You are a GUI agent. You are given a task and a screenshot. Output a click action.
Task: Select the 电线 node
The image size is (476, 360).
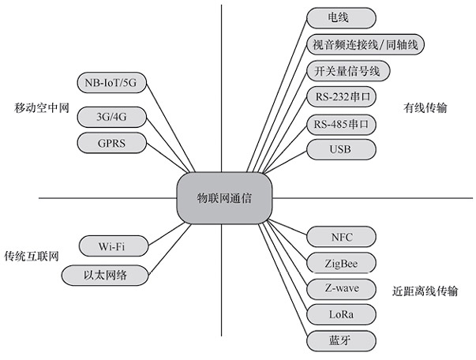340,17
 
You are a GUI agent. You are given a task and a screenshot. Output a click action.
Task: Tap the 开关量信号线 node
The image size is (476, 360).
347,71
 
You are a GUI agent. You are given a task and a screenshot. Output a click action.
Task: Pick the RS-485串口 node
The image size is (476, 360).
341,125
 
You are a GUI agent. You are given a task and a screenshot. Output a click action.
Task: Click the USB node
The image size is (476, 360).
340,149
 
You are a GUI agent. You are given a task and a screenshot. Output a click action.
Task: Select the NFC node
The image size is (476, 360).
341,235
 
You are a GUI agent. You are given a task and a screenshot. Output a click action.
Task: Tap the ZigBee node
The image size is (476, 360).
341,262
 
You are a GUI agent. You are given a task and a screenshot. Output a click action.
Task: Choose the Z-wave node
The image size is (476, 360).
341,288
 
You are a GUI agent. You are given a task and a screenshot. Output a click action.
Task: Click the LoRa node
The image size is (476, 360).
341,314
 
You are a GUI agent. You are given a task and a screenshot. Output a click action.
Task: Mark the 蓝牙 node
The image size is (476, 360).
341,341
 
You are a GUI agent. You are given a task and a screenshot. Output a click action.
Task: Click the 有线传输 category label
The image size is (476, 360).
425,108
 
